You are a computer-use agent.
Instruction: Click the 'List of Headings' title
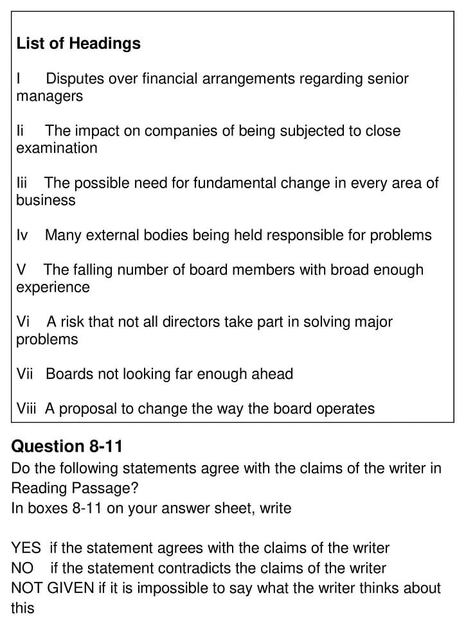[78, 44]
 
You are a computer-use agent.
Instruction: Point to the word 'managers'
[49, 97]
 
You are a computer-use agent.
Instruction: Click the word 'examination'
[57, 148]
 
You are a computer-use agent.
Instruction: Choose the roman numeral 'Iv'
[22, 235]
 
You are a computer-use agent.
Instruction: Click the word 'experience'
[53, 287]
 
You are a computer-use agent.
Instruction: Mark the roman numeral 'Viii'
[26, 409]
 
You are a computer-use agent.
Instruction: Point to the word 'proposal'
[84, 409]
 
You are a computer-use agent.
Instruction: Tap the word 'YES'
[26, 549]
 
